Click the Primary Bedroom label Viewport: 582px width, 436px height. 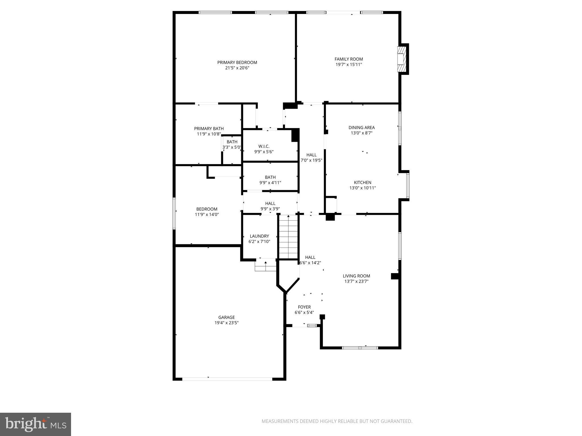click(237, 62)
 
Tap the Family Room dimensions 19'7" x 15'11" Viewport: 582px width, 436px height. click(349, 65)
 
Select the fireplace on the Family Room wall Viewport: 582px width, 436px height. click(401, 59)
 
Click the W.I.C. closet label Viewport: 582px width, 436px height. click(264, 146)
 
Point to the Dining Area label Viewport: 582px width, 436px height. click(361, 127)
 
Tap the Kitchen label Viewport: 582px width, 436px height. click(362, 183)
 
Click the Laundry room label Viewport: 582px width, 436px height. click(259, 236)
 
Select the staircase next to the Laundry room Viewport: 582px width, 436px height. click(288, 237)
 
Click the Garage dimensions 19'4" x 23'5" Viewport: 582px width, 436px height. click(226, 323)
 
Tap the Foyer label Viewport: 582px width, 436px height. click(304, 307)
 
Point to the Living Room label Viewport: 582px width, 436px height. click(356, 276)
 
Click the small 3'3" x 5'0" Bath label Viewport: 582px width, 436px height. click(232, 142)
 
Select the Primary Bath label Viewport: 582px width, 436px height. click(209, 129)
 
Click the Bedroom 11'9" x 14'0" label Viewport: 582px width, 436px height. click(207, 209)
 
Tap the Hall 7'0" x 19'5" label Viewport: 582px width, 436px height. click(311, 155)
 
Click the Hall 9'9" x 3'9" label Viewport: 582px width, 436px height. click(270, 204)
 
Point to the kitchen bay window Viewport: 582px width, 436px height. click(408, 186)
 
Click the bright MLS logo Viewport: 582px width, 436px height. click(36, 424)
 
